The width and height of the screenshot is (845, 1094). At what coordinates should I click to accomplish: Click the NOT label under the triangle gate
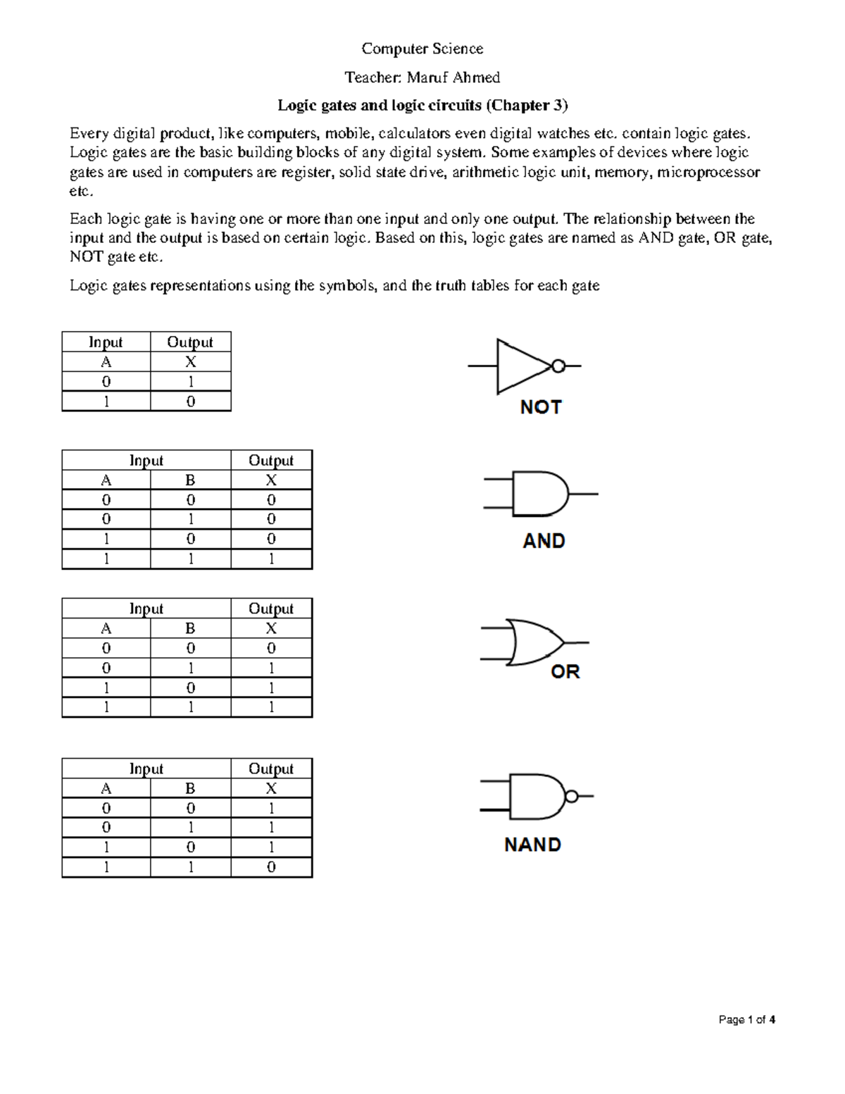pyautogui.click(x=540, y=407)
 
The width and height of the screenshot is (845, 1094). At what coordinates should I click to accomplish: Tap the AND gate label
pyautogui.click(x=544, y=541)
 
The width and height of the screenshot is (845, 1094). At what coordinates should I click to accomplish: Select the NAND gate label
pyautogui.click(x=532, y=845)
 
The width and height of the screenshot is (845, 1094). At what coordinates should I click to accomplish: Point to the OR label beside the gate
pyautogui.click(x=565, y=672)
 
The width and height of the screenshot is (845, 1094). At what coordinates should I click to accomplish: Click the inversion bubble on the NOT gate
pyautogui.click(x=558, y=366)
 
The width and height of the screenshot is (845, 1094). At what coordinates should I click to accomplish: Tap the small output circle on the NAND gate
pyautogui.click(x=572, y=797)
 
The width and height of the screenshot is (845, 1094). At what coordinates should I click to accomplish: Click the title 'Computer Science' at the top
pyautogui.click(x=422, y=49)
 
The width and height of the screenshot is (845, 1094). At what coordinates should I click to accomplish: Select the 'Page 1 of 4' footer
pyautogui.click(x=746, y=1019)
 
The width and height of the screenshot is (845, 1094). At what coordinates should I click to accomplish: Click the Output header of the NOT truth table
pyautogui.click(x=190, y=342)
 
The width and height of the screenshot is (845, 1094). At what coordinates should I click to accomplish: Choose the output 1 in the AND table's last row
pyautogui.click(x=271, y=559)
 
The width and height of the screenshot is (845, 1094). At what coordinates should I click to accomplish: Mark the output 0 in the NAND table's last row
pyautogui.click(x=271, y=867)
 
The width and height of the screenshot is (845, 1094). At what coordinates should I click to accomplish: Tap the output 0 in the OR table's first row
pyautogui.click(x=271, y=648)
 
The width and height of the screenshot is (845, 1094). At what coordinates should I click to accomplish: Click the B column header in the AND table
pyautogui.click(x=190, y=480)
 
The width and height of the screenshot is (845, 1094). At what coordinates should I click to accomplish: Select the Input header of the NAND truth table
pyautogui.click(x=146, y=769)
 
